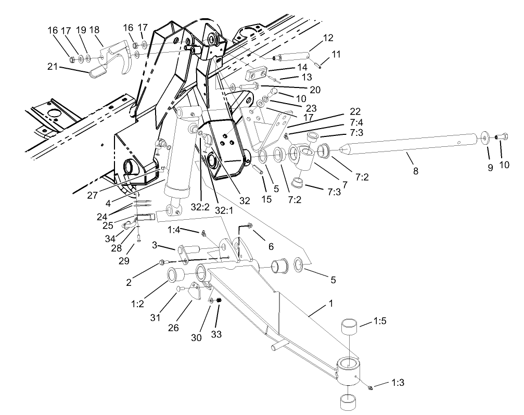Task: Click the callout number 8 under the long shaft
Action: coord(415,171)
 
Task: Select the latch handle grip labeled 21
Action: coord(97,71)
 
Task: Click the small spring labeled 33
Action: coord(220,301)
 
